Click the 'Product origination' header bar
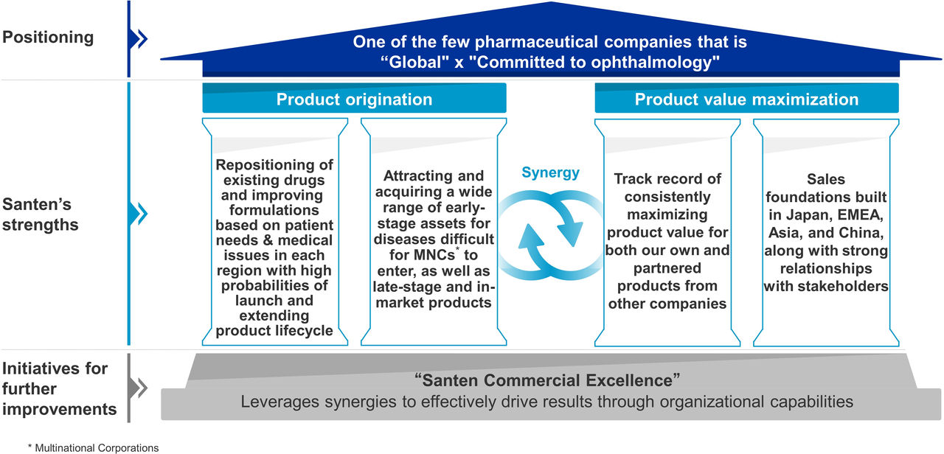[354, 98]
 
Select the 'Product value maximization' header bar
[746, 98]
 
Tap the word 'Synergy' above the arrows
[550, 172]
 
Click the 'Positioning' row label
[48, 37]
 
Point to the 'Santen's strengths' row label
[41, 214]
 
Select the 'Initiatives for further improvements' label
[59, 388]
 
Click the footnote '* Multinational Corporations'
[93, 447]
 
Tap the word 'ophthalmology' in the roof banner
[650, 63]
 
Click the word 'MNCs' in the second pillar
[434, 255]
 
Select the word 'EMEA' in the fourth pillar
[860, 215]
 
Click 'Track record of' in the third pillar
[667, 179]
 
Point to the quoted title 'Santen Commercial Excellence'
[547, 380]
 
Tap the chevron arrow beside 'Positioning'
[139, 39]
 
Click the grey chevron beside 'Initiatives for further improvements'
[139, 388]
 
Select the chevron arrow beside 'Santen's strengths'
[139, 214]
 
